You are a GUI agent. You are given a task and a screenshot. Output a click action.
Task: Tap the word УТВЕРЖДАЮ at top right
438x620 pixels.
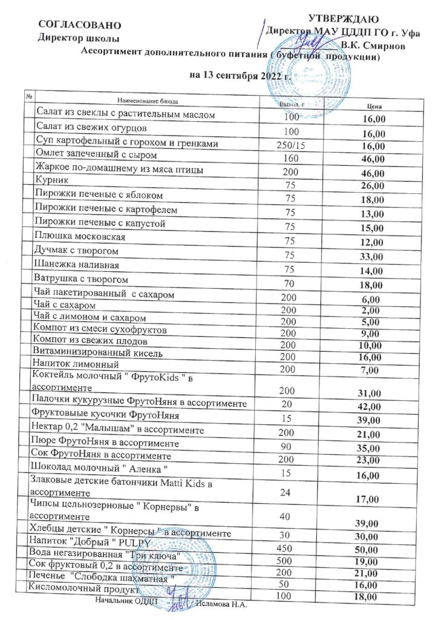[344, 19]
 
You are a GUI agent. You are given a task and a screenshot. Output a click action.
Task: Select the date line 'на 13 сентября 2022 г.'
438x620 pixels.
[240, 77]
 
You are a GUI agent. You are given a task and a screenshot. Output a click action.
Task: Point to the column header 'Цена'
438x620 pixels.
[373, 107]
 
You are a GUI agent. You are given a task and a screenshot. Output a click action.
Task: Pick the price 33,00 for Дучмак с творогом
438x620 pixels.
[371, 256]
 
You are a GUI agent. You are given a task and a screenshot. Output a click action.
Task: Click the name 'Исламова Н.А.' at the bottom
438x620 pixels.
[223, 604]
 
